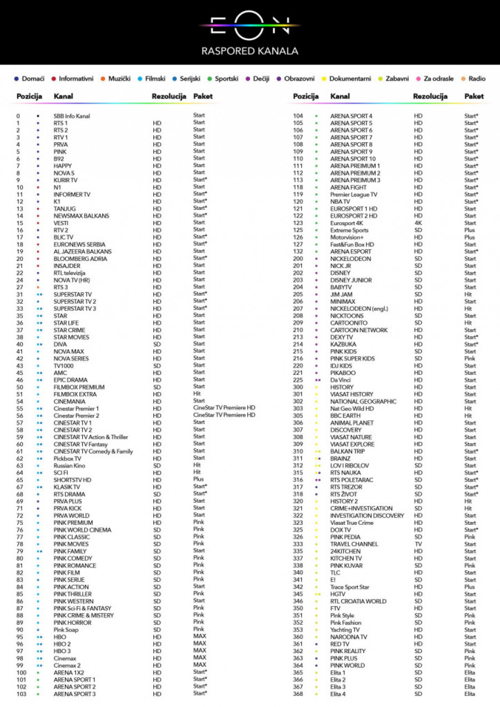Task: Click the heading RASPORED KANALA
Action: tap(249, 51)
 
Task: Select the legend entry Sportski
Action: tap(226, 79)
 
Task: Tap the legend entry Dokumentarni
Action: tap(349, 79)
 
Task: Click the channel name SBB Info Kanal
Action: tap(72, 116)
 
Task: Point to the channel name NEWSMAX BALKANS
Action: tap(81, 216)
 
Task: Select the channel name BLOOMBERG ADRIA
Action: tap(81, 259)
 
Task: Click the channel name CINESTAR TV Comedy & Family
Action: tap(93, 452)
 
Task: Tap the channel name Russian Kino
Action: tap(69, 466)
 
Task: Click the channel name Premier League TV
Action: tap(353, 195)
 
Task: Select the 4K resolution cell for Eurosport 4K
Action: tap(418, 223)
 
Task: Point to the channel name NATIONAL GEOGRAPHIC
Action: tap(363, 402)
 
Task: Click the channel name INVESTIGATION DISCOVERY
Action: tap(367, 516)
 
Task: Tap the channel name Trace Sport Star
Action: tap(349, 587)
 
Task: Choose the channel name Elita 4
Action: tap(338, 694)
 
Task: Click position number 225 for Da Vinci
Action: tap(298, 380)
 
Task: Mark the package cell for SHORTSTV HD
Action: tap(198, 479)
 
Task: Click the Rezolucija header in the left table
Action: tap(169, 97)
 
